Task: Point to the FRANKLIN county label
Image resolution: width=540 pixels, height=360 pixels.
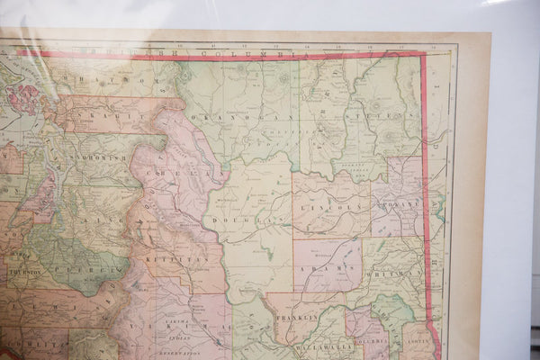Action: point(303,318)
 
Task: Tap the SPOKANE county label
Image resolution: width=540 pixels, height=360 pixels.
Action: point(400,204)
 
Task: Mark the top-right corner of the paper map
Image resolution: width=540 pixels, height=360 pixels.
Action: point(490,34)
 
